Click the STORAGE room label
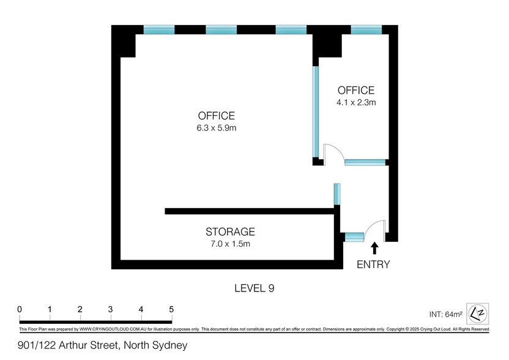click(230, 231)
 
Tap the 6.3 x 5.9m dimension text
click(217, 128)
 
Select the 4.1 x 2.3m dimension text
click(356, 103)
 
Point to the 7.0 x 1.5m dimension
click(230, 244)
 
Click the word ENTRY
click(373, 264)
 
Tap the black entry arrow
click(374, 248)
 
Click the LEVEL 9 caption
click(254, 288)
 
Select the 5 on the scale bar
click(171, 309)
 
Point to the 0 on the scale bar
click(20, 309)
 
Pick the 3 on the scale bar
click(110, 309)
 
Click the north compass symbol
click(478, 313)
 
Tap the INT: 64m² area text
click(446, 314)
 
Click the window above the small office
click(366, 30)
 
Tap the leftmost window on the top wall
click(159, 30)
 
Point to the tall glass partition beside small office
click(316, 112)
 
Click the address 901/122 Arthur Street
click(67, 345)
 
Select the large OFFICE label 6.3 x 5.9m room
click(216, 116)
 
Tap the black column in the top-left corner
click(124, 41)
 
